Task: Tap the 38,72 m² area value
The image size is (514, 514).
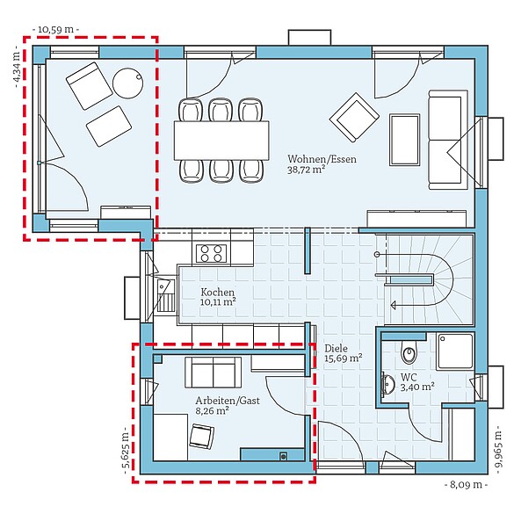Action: click(x=307, y=170)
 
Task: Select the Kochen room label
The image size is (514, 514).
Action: click(x=217, y=292)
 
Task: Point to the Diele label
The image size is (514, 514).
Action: click(x=336, y=348)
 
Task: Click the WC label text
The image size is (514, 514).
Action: click(x=409, y=375)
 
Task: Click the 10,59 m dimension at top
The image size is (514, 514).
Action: click(x=55, y=29)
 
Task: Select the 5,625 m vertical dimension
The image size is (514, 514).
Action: click(x=123, y=452)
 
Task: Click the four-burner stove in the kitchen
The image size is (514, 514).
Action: click(x=211, y=254)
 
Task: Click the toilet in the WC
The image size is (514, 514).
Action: click(x=409, y=353)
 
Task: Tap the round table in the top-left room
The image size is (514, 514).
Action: click(x=128, y=83)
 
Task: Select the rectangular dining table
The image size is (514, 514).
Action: click(x=221, y=139)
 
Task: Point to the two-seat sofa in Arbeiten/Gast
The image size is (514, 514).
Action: click(x=211, y=372)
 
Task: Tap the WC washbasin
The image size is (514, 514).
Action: click(x=387, y=384)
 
